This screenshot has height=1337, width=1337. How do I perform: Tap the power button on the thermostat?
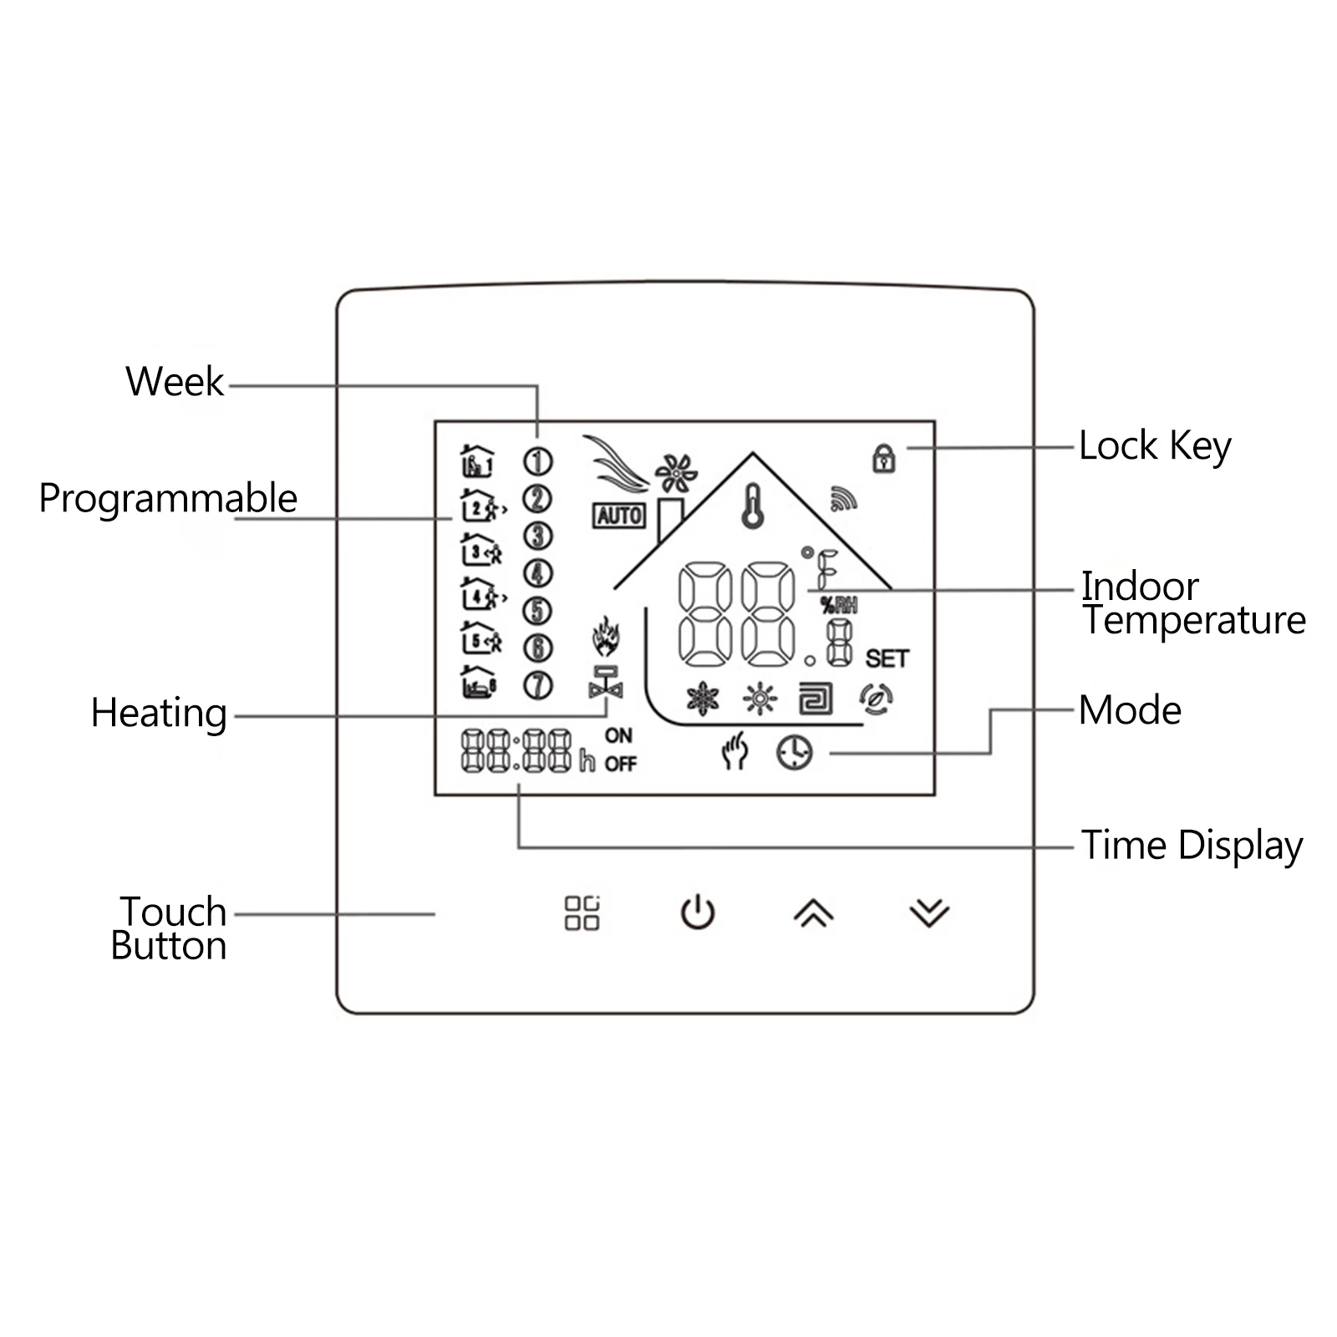698,913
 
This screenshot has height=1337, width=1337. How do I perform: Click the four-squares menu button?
582,913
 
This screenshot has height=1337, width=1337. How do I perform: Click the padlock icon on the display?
884,458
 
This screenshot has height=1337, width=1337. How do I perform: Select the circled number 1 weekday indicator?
537,461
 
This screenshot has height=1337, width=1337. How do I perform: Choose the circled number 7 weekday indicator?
537,685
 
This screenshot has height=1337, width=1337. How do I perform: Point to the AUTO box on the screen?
619,516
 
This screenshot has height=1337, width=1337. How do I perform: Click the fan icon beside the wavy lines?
675,474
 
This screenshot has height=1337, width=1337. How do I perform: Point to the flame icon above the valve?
606,637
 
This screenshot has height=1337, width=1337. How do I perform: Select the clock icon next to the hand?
794,752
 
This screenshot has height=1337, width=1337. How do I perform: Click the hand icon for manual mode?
735,750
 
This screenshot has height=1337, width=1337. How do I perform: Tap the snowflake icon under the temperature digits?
702,699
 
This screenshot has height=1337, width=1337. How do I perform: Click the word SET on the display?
887,658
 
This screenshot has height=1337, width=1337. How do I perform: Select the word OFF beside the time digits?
621,764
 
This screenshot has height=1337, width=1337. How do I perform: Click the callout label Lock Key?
1155,446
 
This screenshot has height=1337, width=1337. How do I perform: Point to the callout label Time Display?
1192,846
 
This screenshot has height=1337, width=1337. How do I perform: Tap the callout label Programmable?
168,499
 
